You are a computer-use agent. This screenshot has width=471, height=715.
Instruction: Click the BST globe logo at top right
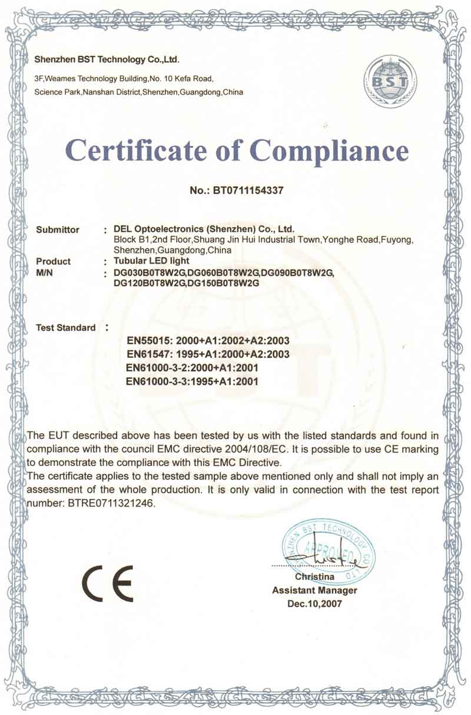coord(386,82)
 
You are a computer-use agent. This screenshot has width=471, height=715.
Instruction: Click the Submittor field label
coord(58,230)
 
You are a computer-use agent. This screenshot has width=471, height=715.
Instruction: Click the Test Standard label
coord(65,327)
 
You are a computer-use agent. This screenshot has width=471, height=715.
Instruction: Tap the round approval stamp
coord(327,550)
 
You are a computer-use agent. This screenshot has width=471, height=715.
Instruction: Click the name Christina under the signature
coord(315,577)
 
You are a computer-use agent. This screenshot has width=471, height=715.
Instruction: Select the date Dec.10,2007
coord(314,604)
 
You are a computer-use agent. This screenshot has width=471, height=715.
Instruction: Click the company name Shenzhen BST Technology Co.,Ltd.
coord(107,59)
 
